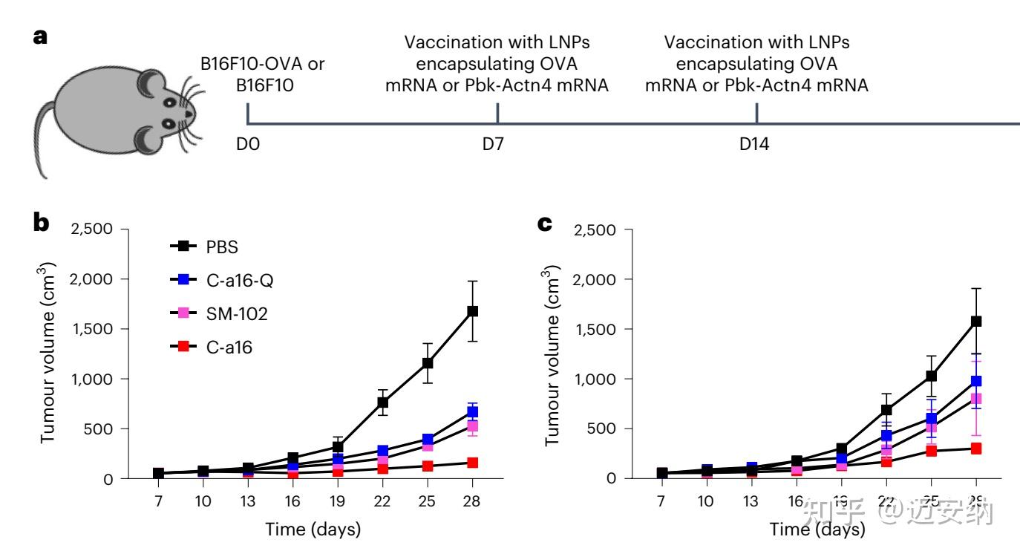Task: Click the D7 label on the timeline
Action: (493, 144)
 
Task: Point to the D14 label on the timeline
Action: (754, 144)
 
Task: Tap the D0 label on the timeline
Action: (247, 144)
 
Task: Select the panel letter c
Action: (546, 222)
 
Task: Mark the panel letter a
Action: (41, 36)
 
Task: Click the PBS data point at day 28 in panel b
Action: (472, 311)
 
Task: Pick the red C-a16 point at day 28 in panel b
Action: (472, 463)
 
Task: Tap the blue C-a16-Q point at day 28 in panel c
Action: (976, 381)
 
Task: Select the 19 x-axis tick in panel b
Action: (338, 501)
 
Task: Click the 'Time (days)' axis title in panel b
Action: (313, 529)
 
